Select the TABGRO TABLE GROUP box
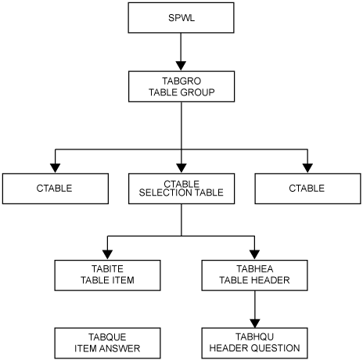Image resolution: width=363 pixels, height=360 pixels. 181,85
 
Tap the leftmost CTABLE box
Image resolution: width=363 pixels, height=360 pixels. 55,189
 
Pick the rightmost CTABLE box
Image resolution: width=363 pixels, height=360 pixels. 307,189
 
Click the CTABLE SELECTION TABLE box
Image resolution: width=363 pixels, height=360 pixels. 181,189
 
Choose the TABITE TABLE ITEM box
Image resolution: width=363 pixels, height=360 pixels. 108,274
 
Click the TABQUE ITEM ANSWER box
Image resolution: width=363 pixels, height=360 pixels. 108,343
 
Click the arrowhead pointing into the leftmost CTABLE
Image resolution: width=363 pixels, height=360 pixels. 55,167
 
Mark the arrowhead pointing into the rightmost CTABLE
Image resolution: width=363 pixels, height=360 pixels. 307,167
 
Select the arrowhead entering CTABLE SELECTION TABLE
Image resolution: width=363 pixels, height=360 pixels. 181,167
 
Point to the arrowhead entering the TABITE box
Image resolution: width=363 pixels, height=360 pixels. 108,253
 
